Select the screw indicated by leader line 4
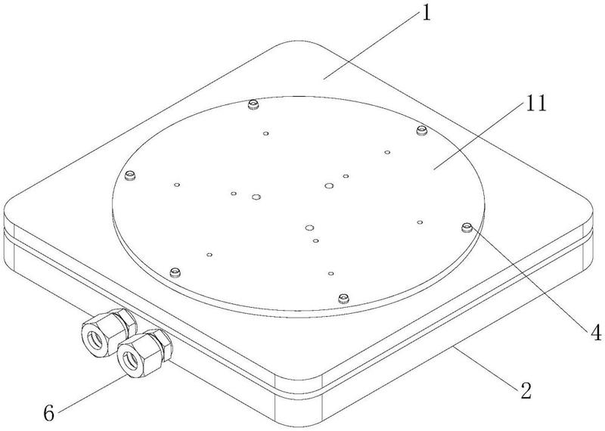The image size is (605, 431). click(x=467, y=226)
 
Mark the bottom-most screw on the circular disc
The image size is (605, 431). click(x=343, y=296)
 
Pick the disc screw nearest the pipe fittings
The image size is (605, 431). click(x=176, y=271)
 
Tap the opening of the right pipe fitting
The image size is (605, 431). click(x=136, y=355)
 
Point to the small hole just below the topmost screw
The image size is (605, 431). click(x=266, y=134)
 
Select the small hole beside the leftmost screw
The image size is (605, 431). click(x=176, y=184)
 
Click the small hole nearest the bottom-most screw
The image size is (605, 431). click(x=330, y=273)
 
